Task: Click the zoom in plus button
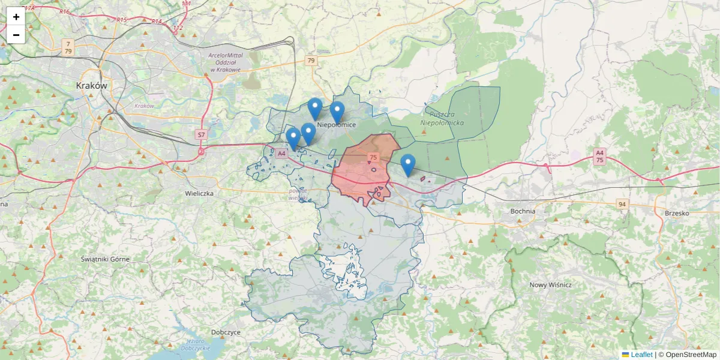(16, 17)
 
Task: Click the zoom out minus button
(16, 35)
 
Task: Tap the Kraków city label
(92, 86)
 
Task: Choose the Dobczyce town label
(226, 332)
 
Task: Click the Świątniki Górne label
(105, 259)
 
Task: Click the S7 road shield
(201, 136)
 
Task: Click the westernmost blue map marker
(293, 138)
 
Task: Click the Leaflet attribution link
(641, 355)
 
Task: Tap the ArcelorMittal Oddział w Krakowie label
(224, 62)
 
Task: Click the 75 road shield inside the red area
(373, 157)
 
